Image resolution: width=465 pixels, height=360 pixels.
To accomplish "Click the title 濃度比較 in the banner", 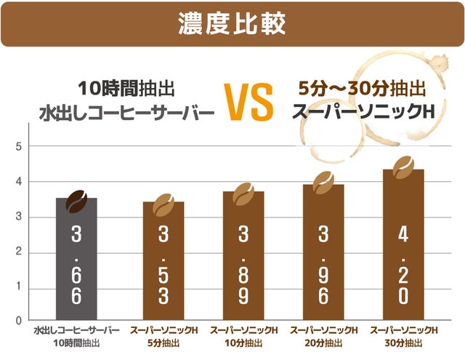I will pos(232,23).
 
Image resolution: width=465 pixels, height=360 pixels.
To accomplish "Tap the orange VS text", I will pos(249,103).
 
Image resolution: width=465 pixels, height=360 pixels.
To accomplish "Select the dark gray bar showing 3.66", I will pos(76,262).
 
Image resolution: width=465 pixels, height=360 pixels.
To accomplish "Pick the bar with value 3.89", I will pos(243,258).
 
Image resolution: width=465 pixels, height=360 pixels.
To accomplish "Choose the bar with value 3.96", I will pos(323,255).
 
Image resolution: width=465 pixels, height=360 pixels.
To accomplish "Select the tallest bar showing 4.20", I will pos(403,247).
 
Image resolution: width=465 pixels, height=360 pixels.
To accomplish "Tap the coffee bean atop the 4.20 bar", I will pos(403,169).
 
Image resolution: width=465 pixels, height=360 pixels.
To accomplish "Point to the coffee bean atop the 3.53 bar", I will pos(164,205).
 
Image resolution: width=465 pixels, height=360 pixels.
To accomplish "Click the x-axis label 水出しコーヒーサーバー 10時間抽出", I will pos(76,336).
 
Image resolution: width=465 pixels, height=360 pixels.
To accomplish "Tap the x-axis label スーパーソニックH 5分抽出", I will pos(163,336).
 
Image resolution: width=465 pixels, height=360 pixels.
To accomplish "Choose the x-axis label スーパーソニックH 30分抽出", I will pos(403,336).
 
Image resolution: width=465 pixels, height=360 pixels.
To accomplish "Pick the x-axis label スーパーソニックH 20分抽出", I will pos(323,336).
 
